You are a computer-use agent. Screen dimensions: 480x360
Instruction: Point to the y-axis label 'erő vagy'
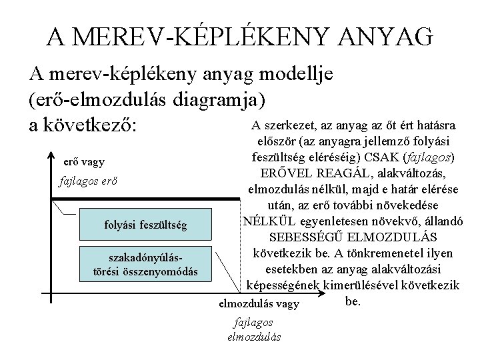(84, 162)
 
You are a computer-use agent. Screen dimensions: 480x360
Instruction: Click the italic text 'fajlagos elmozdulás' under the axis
(254, 329)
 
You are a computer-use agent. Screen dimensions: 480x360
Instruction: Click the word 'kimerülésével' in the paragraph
(357, 285)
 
